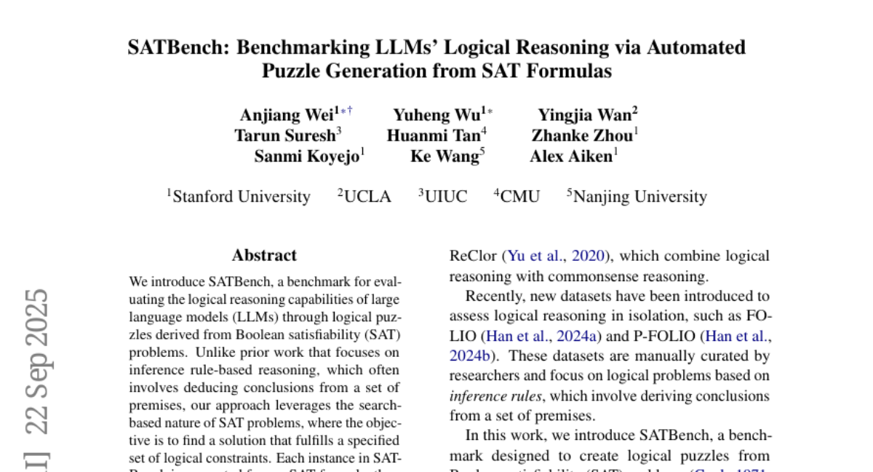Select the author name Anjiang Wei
click(286, 115)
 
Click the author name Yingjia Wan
click(584, 115)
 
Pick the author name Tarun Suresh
click(284, 135)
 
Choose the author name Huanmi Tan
click(433, 135)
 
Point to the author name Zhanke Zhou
click(581, 135)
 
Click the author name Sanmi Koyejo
click(306, 157)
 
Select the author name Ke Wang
click(444, 157)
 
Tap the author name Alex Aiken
click(570, 157)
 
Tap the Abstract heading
click(264, 256)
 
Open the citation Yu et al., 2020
click(559, 256)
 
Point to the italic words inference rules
click(494, 397)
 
